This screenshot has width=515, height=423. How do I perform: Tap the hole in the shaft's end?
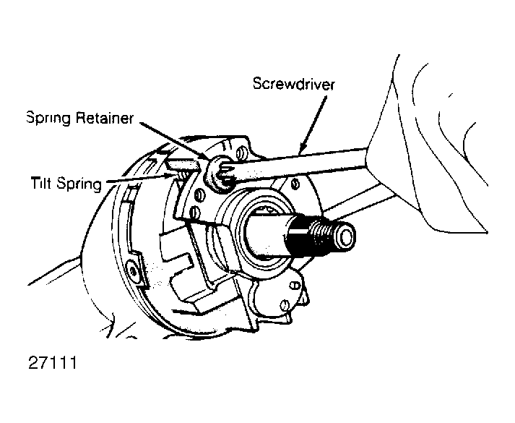(347, 235)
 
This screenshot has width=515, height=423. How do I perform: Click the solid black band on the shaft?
(297, 239)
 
